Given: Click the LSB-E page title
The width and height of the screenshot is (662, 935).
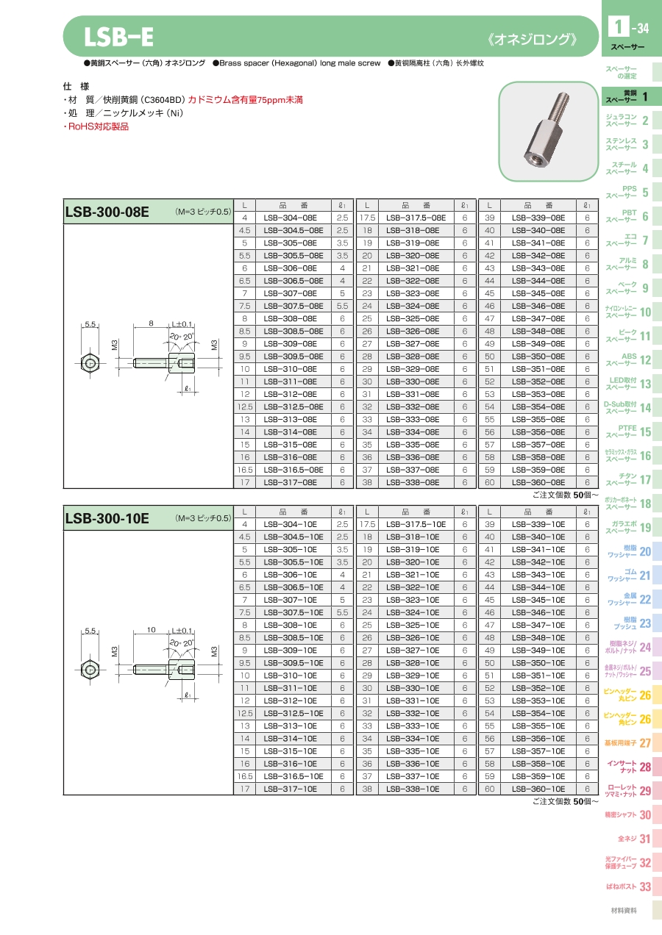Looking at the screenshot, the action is tap(118, 37).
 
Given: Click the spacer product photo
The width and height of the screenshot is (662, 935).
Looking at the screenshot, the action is tap(548, 132).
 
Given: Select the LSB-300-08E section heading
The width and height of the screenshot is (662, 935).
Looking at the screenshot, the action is tap(107, 212).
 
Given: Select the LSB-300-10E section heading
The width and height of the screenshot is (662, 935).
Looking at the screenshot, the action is tap(107, 518).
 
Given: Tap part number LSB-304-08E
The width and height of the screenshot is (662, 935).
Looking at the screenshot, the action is tap(291, 218).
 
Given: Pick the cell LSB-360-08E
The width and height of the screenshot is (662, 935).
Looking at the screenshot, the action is tap(538, 482).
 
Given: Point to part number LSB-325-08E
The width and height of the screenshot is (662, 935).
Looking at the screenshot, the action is tap(413, 318).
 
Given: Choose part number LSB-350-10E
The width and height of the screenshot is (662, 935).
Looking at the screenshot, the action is tap(538, 663).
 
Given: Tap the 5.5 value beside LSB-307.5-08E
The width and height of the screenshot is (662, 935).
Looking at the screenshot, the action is tap(342, 306).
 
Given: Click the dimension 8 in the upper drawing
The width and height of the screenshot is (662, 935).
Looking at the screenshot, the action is tap(152, 323).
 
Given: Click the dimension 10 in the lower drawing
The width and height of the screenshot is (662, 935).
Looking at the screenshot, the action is tap(152, 629).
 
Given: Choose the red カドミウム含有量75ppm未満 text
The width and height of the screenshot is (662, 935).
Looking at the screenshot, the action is tap(245, 100).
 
